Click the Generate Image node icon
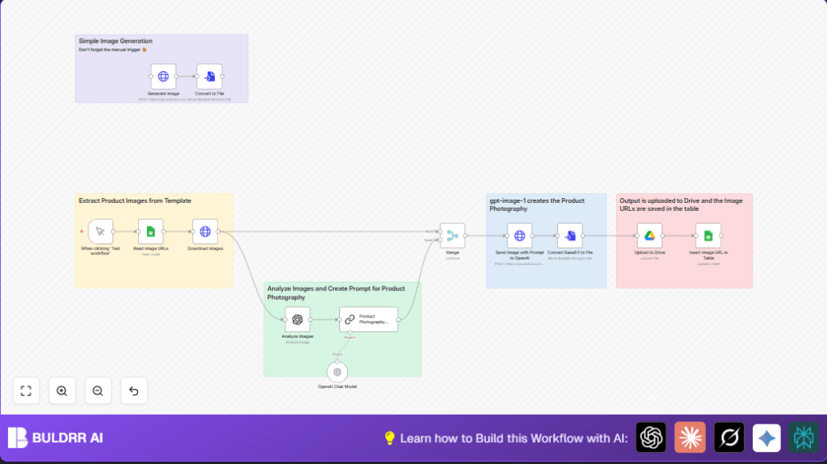[163, 77]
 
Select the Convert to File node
[209, 77]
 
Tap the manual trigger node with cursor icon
[100, 231]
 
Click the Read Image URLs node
[150, 231]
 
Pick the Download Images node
[205, 231]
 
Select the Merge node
[452, 236]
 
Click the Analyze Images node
[297, 319]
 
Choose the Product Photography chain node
[368, 319]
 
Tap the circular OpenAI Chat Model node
[338, 372]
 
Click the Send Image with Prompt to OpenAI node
[519, 236]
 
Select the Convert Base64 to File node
[570, 236]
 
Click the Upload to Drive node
[649, 236]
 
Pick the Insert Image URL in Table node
[707, 236]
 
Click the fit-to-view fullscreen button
[26, 390]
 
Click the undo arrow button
[133, 390]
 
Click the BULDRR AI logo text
[68, 438]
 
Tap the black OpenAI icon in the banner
[651, 437]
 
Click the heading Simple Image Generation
[115, 40]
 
